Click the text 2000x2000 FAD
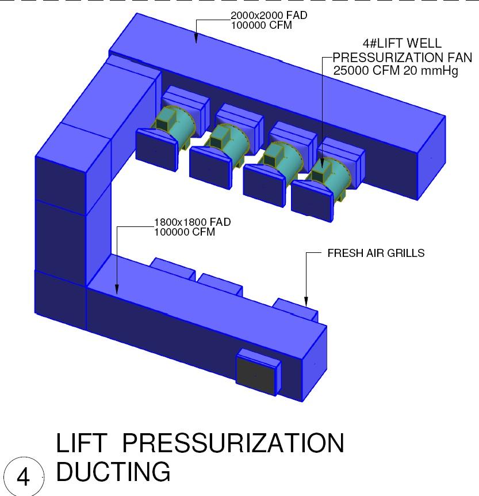click(269, 16)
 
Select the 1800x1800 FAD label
click(192, 222)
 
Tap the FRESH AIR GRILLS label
click(375, 253)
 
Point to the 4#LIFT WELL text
click(398, 44)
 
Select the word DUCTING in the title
click(113, 472)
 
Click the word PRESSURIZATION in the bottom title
click(233, 444)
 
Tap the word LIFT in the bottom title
click(80, 444)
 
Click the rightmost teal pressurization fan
click(329, 171)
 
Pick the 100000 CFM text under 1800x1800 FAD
click(184, 232)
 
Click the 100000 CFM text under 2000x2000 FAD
click(260, 26)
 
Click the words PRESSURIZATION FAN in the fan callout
click(403, 57)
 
